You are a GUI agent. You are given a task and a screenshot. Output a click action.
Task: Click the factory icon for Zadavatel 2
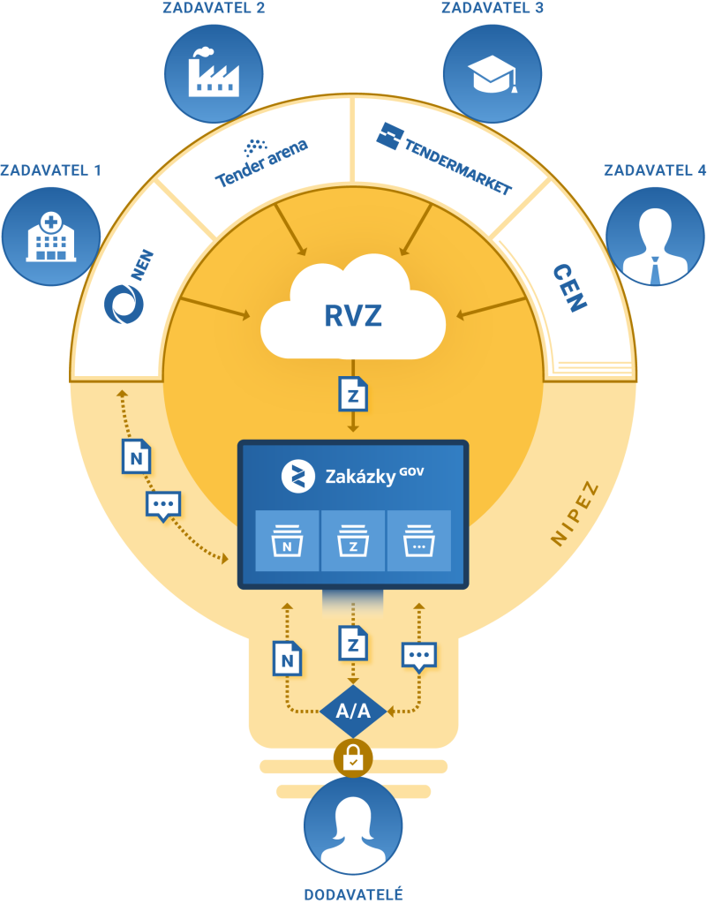(213, 72)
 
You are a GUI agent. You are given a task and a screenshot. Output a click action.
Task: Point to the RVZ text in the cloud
(352, 316)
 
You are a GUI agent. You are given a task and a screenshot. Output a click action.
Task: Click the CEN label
(569, 288)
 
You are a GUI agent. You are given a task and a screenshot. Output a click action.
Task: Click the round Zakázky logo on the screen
(298, 476)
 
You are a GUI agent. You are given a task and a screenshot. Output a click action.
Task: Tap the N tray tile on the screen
(287, 539)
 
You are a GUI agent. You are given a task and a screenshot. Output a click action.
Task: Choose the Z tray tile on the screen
(353, 539)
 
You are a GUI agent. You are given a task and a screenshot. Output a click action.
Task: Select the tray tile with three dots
(418, 539)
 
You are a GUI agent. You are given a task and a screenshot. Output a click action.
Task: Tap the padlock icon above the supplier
(353, 756)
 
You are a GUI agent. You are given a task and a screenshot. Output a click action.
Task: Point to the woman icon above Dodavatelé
(353, 826)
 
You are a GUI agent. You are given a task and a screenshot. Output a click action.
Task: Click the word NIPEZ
(575, 515)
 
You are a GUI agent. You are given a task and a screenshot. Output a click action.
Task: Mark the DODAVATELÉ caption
(353, 894)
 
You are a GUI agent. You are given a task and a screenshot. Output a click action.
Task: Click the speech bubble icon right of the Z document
(419, 656)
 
